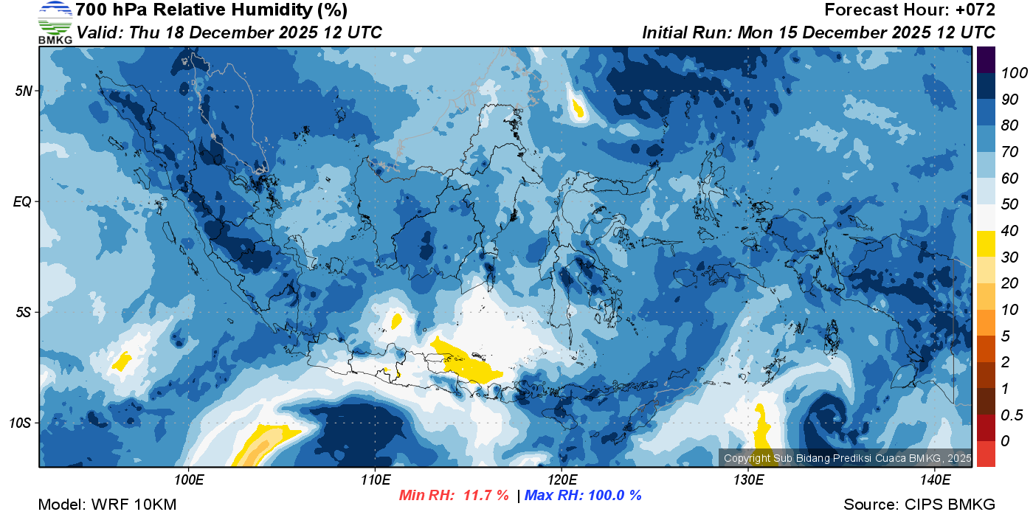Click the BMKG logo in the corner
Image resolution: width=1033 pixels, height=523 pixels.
[55, 23]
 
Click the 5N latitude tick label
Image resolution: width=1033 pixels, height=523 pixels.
[24, 91]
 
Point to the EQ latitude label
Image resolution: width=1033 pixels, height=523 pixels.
[24, 201]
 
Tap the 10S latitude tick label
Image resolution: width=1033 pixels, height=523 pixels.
[21, 423]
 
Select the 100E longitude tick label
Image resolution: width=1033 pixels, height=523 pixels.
[188, 480]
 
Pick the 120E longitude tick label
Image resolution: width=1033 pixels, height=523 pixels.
[562, 480]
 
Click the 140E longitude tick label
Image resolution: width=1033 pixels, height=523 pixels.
[935, 480]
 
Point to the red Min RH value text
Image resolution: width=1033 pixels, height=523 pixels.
[454, 495]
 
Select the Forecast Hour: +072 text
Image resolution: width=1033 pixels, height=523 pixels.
[910, 10]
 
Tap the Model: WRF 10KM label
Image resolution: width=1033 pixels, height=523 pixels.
[107, 505]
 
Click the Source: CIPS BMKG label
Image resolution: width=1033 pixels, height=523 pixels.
[919, 505]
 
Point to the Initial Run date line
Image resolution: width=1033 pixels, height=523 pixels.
[818, 32]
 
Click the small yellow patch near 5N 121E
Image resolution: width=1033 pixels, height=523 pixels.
[578, 109]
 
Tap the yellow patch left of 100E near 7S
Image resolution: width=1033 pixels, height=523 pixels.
[121, 361]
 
